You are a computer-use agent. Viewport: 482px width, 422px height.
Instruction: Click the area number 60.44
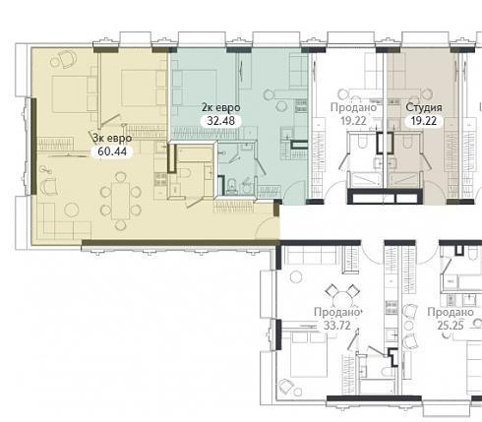point(112,151)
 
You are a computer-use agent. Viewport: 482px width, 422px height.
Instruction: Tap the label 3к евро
point(112,139)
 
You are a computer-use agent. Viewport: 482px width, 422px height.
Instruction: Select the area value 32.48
point(221,121)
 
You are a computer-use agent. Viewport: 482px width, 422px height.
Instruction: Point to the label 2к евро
point(221,107)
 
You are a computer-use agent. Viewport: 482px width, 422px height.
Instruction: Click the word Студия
point(424,107)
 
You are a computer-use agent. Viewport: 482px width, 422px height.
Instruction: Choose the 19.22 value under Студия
point(424,121)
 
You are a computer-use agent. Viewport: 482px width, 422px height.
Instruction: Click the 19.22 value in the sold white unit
point(353,121)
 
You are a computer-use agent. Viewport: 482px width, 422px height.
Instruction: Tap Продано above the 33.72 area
point(337,312)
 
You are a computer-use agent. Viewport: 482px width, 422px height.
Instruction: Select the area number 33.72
point(337,326)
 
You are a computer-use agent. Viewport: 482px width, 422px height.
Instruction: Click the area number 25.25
point(451,326)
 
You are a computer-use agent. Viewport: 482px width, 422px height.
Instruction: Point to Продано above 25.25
point(451,312)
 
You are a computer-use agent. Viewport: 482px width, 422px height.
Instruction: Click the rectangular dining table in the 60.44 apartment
point(121,201)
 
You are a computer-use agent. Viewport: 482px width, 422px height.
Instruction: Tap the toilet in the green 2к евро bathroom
point(232,186)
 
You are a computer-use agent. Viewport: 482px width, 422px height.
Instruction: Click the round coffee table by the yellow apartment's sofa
point(72,210)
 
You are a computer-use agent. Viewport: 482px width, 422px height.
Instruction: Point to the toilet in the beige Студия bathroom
point(407,143)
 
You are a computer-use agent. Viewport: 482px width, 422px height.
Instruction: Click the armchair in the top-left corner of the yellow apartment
point(68,59)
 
